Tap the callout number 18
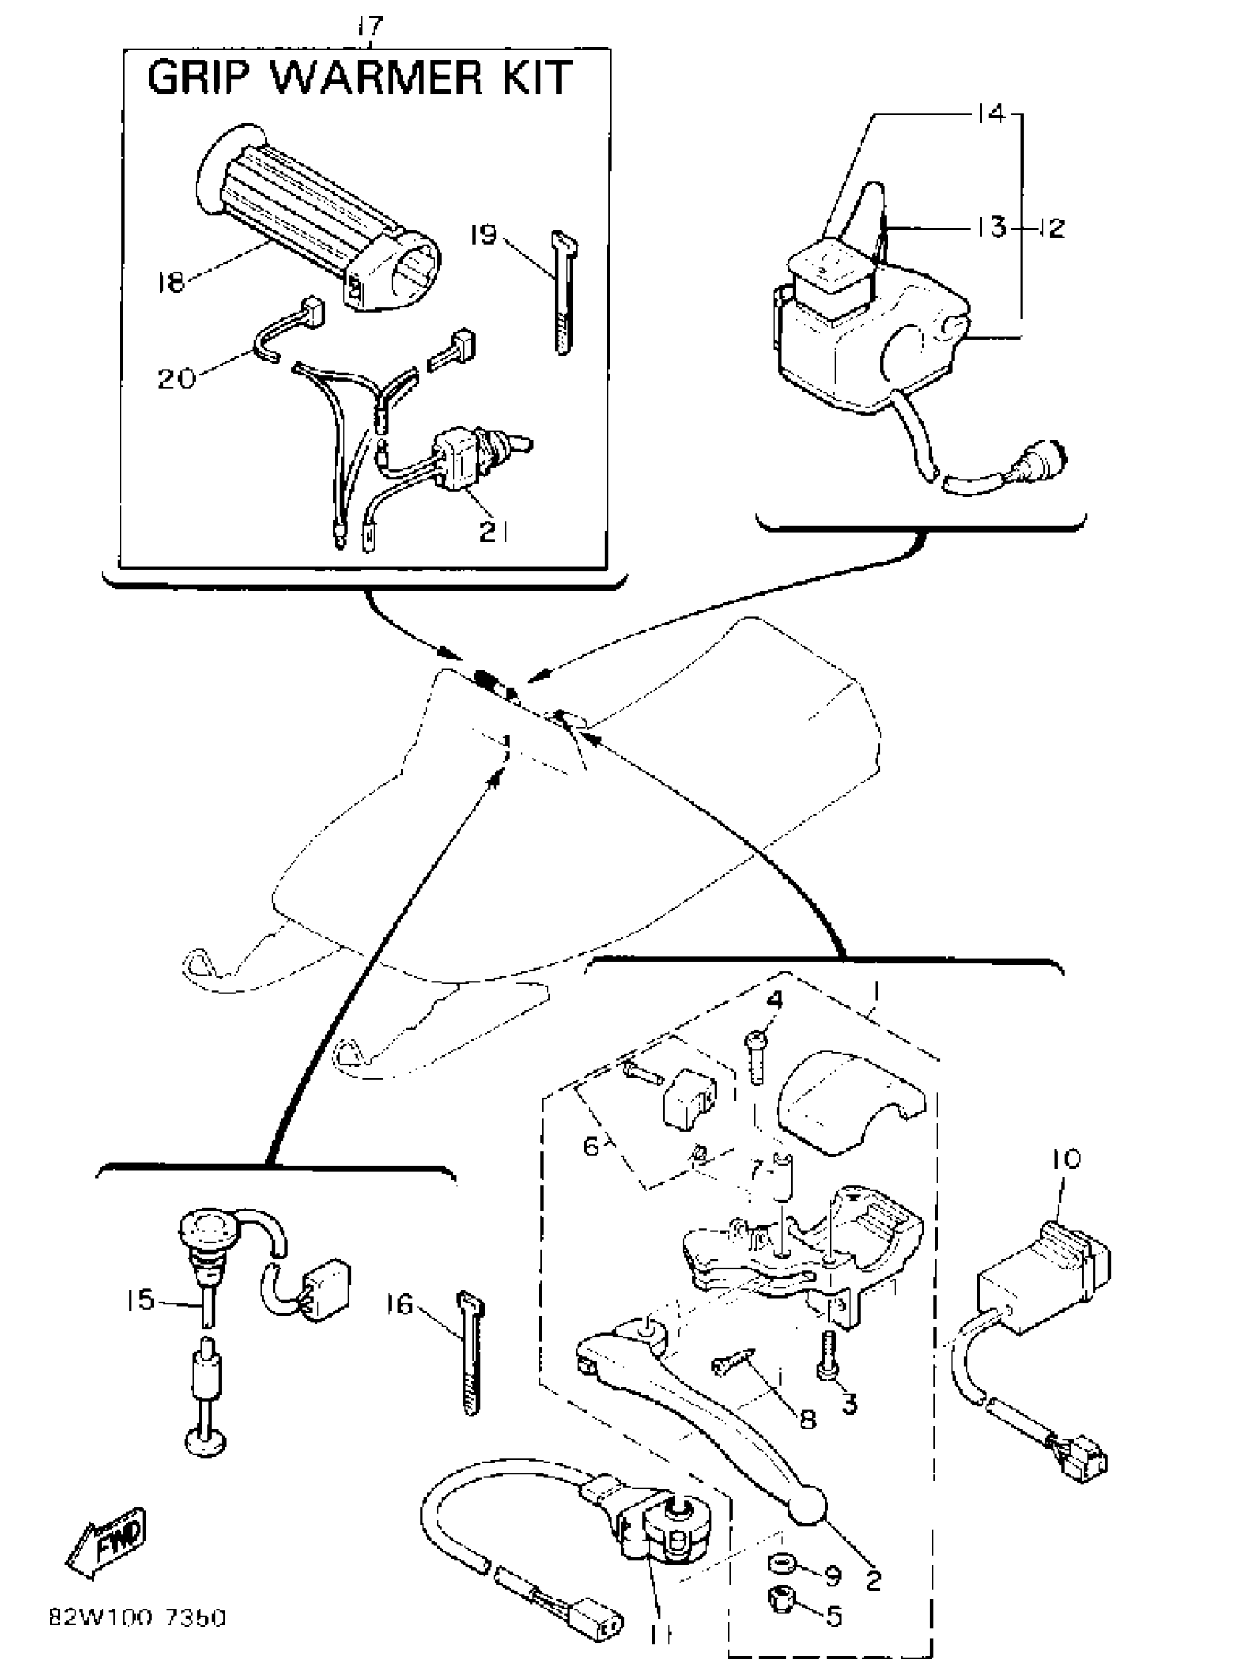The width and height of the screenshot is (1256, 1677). [x=171, y=283]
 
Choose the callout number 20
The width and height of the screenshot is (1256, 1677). [x=176, y=377]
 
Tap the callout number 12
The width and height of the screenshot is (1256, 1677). [x=1051, y=228]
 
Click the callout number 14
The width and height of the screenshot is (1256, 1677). [x=990, y=114]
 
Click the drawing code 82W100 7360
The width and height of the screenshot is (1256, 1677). [x=137, y=1619]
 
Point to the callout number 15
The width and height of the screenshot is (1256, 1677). [x=140, y=1299]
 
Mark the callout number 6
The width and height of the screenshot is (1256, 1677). [x=592, y=1146]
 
